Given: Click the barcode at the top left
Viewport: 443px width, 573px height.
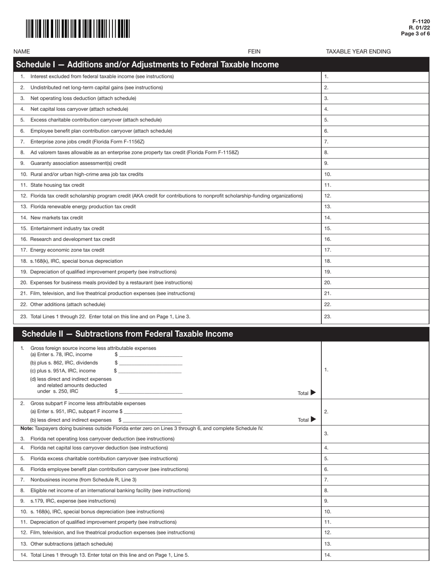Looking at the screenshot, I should pos(78,28).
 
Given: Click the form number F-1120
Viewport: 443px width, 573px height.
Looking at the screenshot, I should pos(421,22).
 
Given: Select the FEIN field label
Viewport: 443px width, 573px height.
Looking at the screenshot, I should pos(254,52).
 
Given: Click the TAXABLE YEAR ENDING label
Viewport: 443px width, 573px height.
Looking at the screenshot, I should pos(358,52).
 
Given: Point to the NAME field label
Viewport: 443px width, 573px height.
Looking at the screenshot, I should pos(22,52).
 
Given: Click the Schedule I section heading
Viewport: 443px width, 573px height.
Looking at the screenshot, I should pos(147,65).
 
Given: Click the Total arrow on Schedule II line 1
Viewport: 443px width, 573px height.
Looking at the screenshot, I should pos(312,393).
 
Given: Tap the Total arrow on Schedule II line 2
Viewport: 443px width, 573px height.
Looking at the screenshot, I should pos(312,420).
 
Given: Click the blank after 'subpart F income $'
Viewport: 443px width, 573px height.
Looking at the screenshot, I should pos(153,412).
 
